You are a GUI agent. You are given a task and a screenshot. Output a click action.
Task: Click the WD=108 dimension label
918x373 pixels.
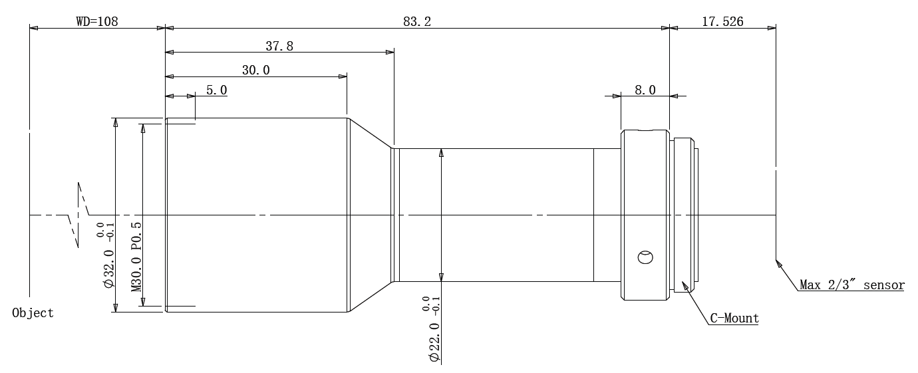coord(97,21)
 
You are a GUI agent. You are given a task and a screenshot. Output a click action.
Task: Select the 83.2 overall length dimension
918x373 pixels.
coord(417,21)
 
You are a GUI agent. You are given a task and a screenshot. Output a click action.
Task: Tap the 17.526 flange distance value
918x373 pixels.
coord(722,21)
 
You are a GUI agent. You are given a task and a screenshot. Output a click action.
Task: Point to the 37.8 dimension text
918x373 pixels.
coord(279,46)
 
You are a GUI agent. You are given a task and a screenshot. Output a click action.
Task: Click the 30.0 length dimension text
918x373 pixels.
coord(255,70)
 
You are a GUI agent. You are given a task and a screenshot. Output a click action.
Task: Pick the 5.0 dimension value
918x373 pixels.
coord(216,90)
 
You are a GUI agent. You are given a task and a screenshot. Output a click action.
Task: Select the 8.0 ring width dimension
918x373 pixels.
coord(645,90)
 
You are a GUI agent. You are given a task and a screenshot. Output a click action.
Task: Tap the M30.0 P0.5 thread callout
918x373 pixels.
coord(136,257)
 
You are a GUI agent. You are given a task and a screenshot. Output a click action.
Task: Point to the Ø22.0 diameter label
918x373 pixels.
coord(434,342)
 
